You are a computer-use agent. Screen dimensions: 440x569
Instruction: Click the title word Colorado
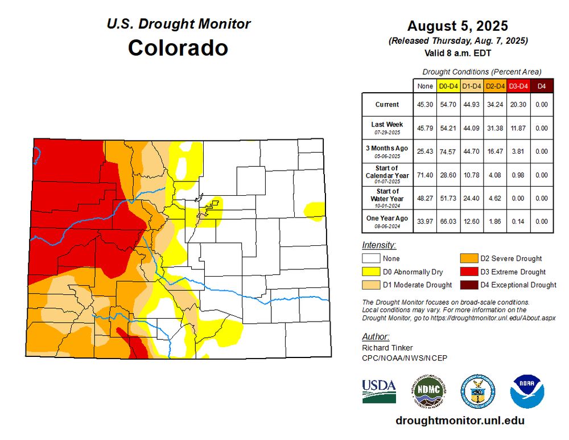[178, 47]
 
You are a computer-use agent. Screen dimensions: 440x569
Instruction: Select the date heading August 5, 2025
[457, 26]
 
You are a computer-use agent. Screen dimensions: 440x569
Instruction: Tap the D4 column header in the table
[542, 86]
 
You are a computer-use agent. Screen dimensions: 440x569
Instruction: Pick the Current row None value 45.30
[424, 105]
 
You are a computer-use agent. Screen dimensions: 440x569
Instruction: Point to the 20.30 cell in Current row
[518, 105]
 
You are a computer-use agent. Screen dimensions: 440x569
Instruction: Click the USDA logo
[379, 391]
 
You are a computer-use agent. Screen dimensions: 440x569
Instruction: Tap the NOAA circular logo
[527, 391]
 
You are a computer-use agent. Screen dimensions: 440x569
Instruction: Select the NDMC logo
[430, 391]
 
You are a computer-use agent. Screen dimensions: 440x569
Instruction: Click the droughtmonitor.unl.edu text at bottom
[460, 421]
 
